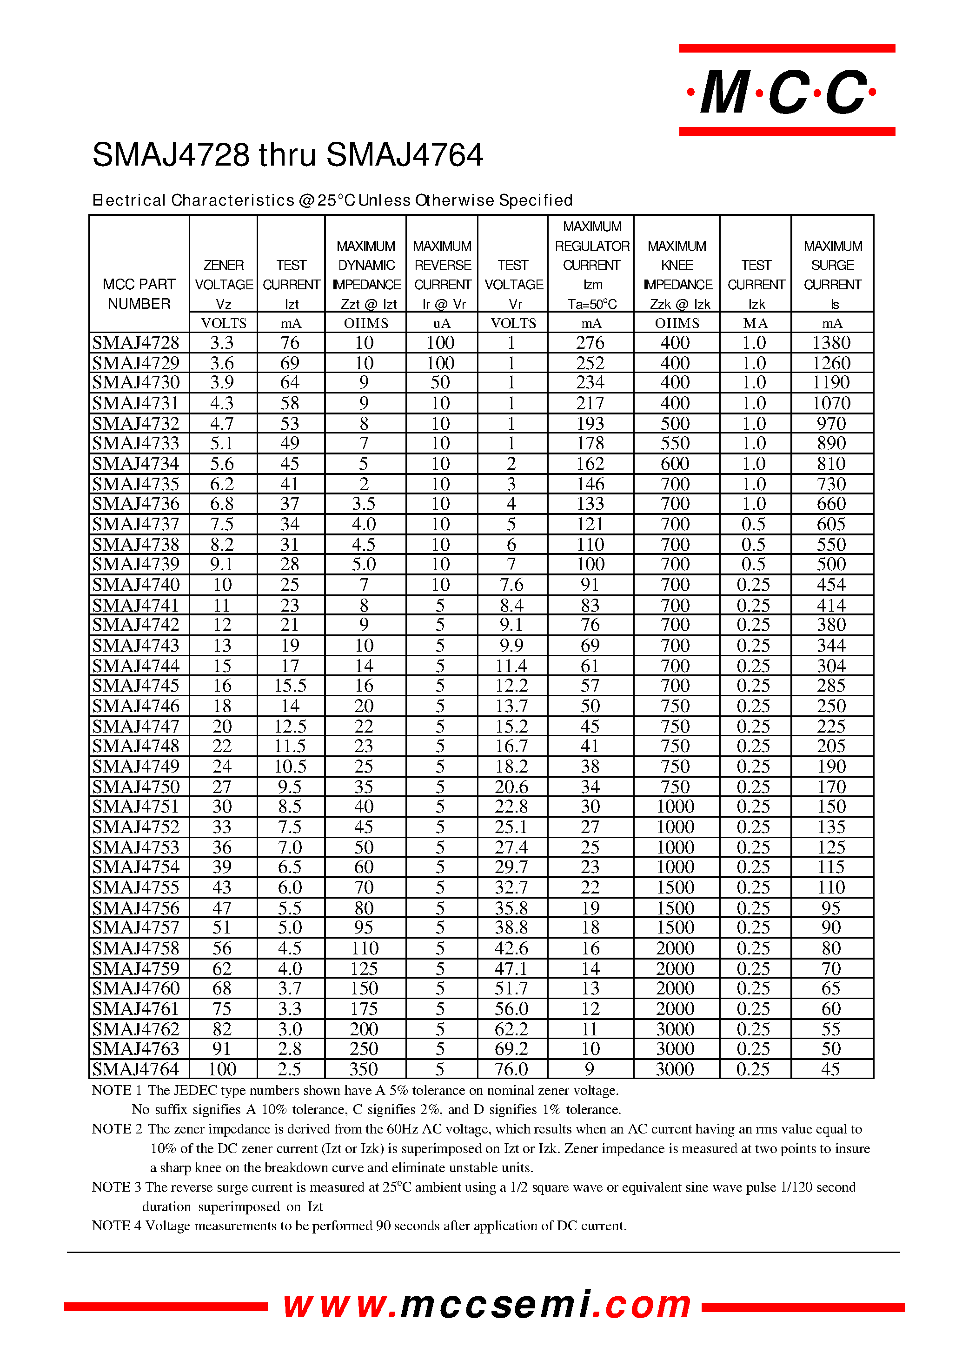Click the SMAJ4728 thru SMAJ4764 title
coord(288,155)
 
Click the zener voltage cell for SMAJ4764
coord(222,1069)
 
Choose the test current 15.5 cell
coord(290,686)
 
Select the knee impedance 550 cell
coord(675,443)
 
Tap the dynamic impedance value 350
coord(364,1069)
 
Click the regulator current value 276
coord(590,342)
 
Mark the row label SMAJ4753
coord(136,847)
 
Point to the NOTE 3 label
coord(116,1187)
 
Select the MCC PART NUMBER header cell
coord(139,293)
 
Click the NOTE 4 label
coord(116,1226)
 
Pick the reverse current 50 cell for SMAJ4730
coord(440,382)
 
